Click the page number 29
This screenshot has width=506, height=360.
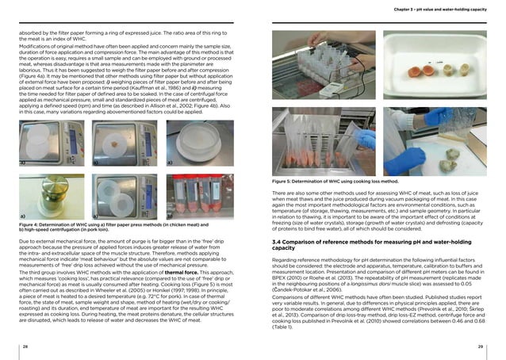(x=481, y=347)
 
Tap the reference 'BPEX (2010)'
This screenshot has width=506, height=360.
(x=286, y=283)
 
